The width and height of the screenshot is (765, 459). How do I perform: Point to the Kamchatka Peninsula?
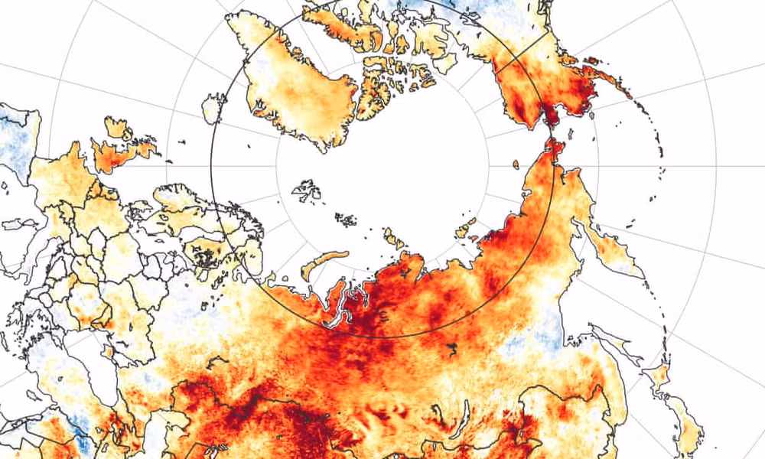pyautogui.click(x=612, y=245)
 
